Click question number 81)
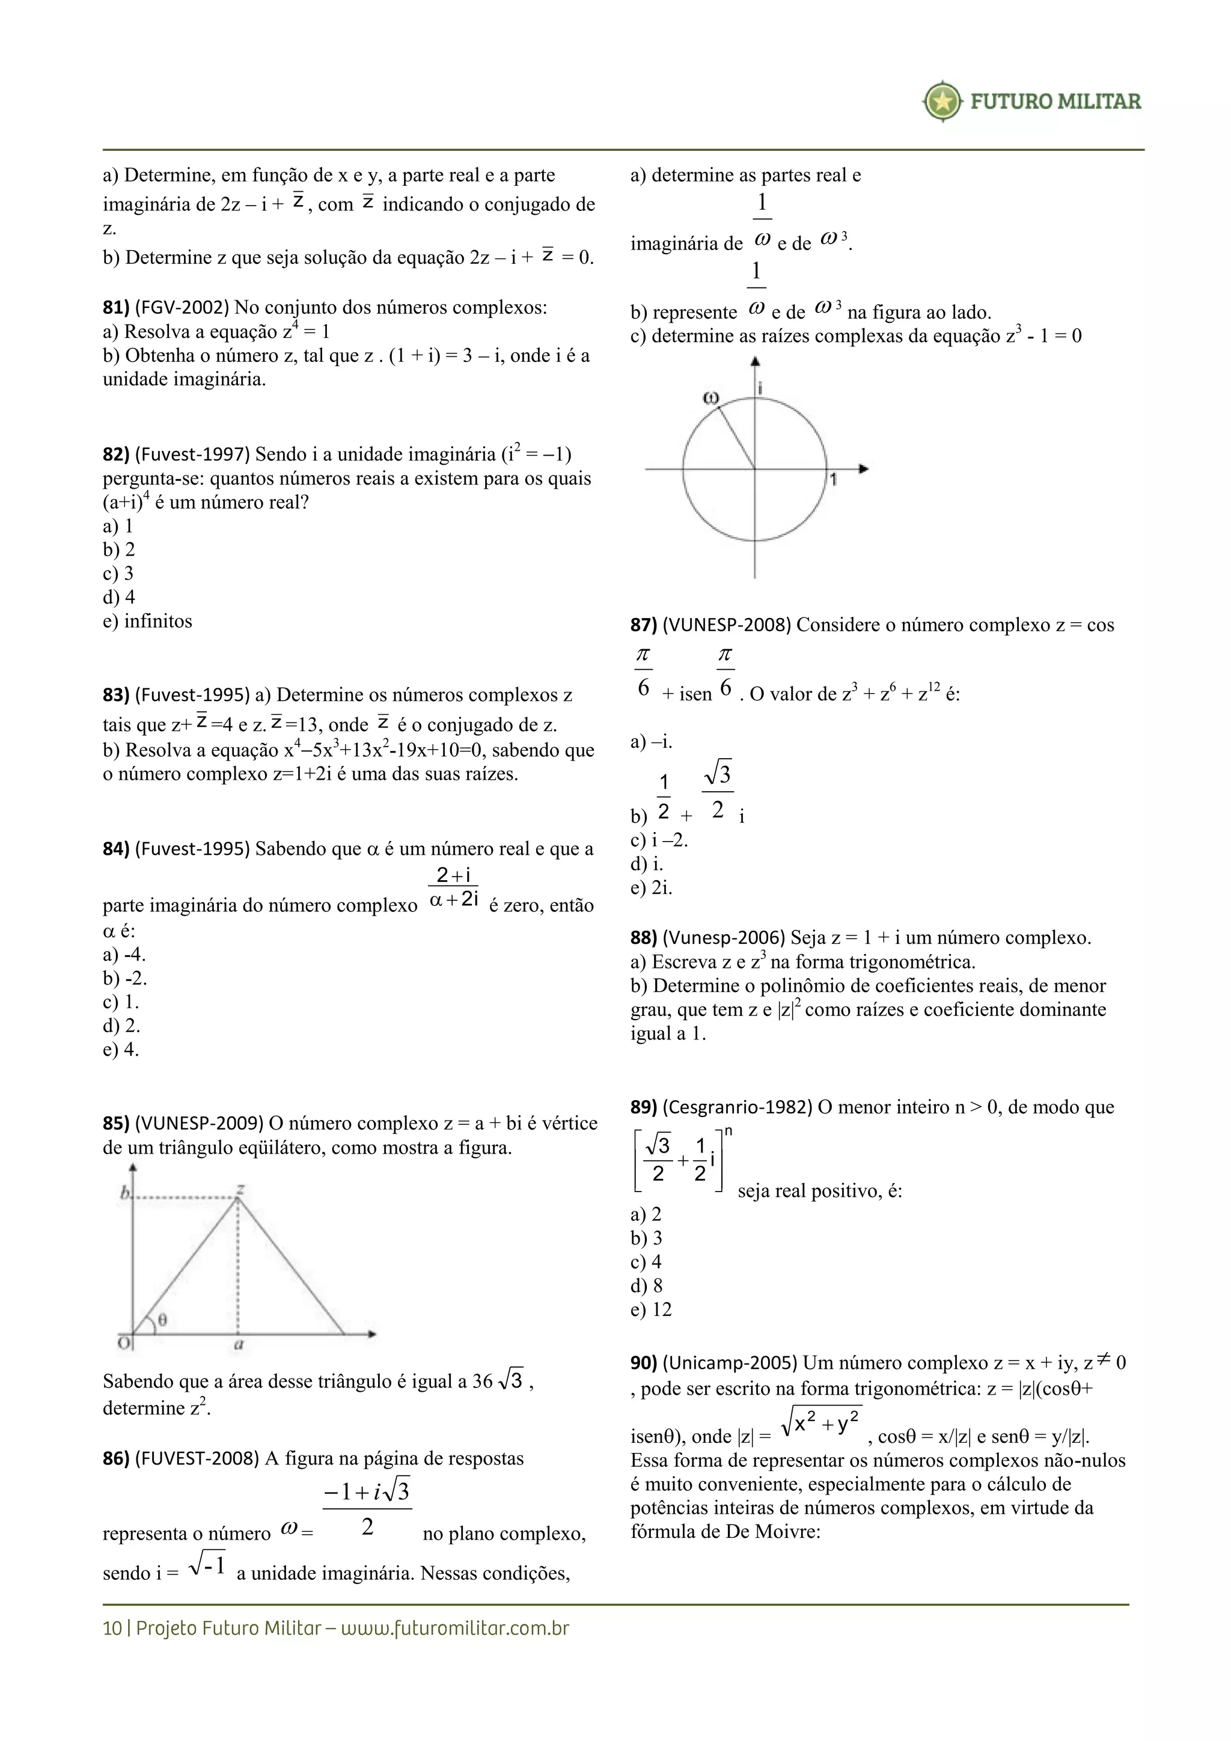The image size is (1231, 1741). [116, 308]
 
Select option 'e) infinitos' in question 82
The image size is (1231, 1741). [148, 622]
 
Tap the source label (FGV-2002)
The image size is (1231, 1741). [182, 308]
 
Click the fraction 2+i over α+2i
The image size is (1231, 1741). [453, 888]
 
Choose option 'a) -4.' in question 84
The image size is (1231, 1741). [124, 955]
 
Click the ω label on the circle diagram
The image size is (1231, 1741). [710, 398]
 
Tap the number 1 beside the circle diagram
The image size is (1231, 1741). [833, 480]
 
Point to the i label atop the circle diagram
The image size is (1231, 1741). [760, 388]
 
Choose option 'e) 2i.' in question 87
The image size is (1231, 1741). [651, 888]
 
